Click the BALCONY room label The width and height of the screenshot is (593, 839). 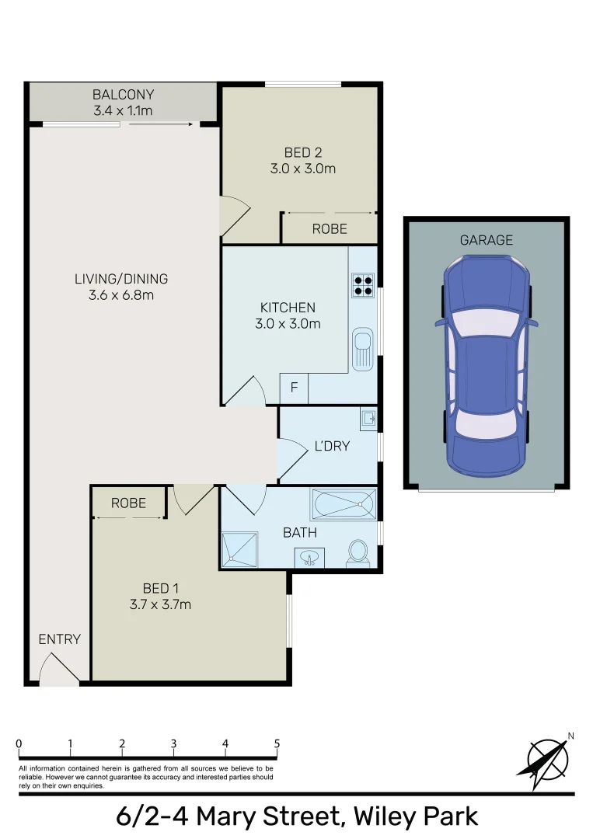click(x=123, y=95)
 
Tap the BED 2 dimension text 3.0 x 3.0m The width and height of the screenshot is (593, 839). click(x=303, y=169)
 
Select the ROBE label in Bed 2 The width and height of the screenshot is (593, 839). click(x=330, y=229)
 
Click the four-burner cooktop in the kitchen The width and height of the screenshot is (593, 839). click(x=363, y=286)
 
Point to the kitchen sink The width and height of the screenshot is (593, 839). click(x=363, y=348)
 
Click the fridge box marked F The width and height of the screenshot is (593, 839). click(x=294, y=388)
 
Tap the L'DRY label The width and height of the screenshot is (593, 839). click(x=332, y=446)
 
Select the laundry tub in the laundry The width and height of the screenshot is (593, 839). click(x=368, y=420)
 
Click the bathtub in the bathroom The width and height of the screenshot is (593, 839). click(x=343, y=505)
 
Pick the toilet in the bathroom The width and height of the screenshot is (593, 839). click(x=358, y=553)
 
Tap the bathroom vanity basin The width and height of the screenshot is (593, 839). click(x=309, y=557)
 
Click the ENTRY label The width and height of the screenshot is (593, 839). click(x=60, y=639)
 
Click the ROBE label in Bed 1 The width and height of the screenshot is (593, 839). click(x=128, y=503)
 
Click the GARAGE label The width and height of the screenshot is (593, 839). click(x=487, y=240)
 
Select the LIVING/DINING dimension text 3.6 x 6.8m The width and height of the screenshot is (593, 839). click(x=121, y=295)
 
